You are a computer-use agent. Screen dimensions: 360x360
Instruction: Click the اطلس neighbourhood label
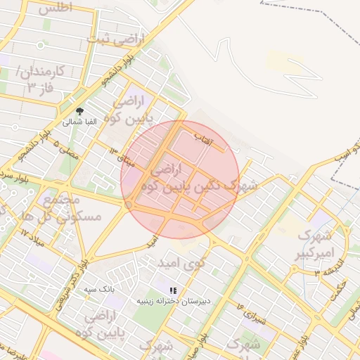[56, 9]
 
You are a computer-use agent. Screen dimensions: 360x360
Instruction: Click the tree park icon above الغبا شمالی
[79, 111]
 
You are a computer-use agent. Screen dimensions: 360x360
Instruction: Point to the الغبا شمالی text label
[79, 122]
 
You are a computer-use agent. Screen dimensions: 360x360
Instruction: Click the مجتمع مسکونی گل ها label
[71, 208]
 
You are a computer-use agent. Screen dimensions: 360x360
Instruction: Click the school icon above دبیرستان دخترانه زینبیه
[173, 290]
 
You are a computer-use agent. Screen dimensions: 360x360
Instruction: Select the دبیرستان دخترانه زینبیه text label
[173, 301]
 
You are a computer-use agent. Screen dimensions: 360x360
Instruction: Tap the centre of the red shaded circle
[181, 180]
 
